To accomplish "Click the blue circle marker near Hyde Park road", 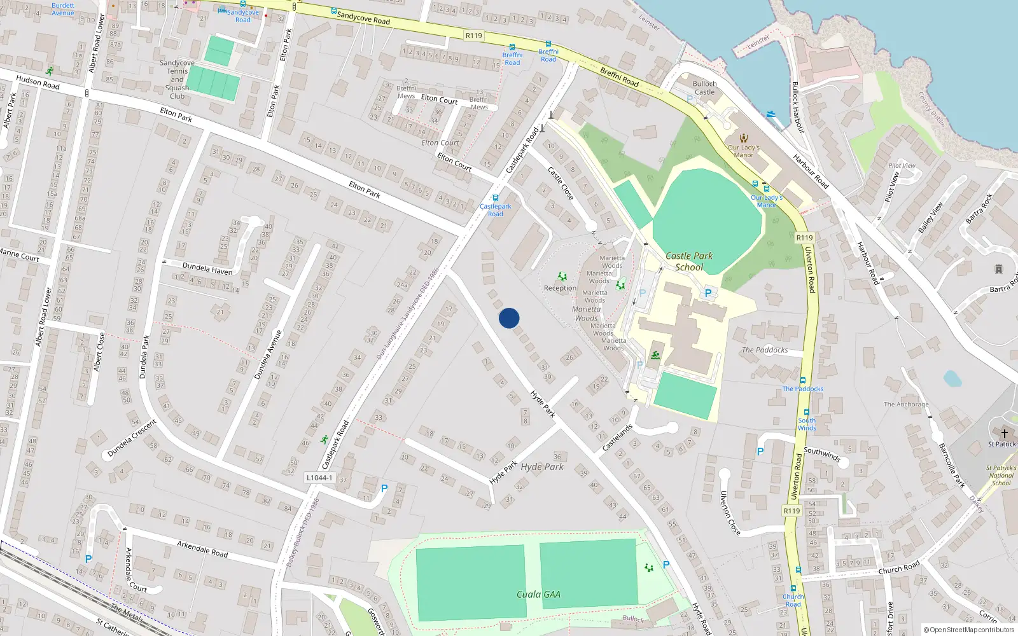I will [509, 318].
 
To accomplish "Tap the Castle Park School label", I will [689, 261].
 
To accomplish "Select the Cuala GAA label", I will [538, 595].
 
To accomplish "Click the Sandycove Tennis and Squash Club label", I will [177, 79].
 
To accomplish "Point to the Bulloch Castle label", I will [704, 88].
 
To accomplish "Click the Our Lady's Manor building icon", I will [743, 138].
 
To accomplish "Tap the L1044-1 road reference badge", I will [319, 478].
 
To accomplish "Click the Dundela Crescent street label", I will [132, 438].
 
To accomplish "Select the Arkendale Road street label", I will [202, 549].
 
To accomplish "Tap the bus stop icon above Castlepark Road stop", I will [495, 198].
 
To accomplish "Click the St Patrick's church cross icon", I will [1005, 433].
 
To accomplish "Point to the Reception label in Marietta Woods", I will [560, 288].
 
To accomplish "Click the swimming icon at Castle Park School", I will [655, 355].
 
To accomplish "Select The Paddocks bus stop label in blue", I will [802, 389].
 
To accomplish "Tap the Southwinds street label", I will [821, 453].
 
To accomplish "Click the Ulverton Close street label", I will [730, 512].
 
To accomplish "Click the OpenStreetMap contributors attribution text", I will [968, 630].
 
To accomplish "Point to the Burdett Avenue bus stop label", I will [62, 9].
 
